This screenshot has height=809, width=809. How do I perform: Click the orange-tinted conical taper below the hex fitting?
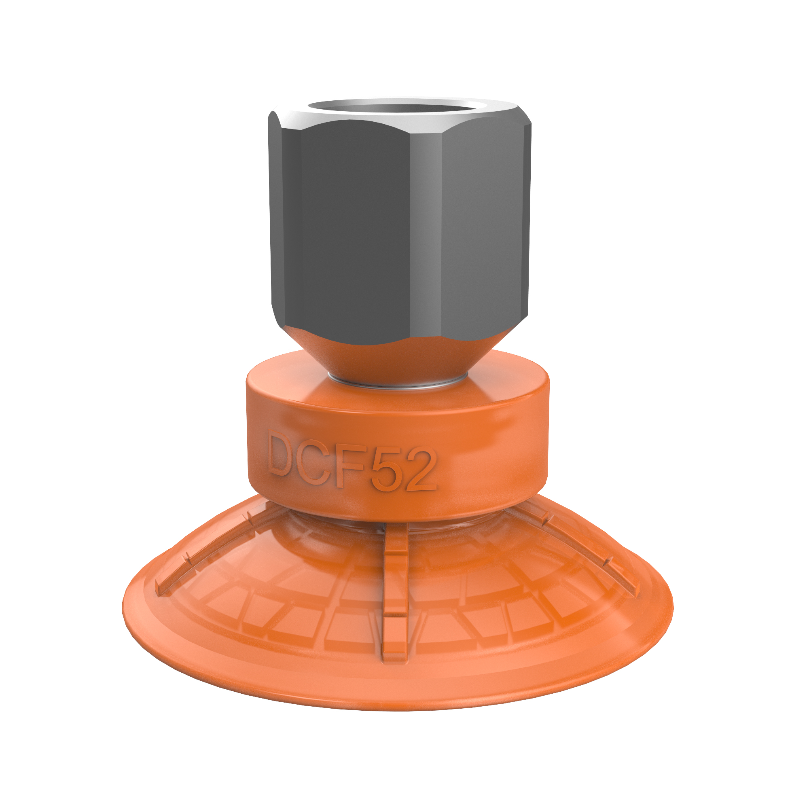tap(398, 360)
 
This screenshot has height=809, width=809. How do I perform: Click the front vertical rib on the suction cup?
tap(395, 586)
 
